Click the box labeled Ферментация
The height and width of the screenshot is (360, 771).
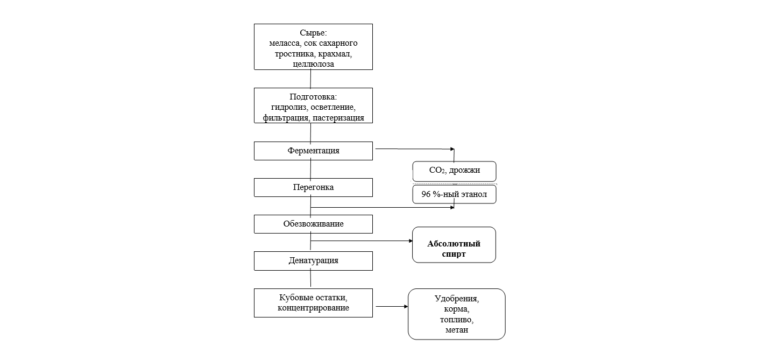point(313,151)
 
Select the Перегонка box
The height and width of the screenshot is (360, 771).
point(313,187)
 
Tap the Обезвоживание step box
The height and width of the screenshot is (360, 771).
point(313,224)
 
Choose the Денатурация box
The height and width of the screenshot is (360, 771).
point(313,260)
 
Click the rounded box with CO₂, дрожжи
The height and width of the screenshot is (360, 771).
point(454,171)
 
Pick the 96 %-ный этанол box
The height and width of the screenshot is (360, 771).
point(454,194)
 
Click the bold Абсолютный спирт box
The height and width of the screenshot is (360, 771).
point(454,244)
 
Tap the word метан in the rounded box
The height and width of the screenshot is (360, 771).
point(457,330)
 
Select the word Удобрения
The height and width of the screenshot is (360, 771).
point(457,299)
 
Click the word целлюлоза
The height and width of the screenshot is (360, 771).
point(313,64)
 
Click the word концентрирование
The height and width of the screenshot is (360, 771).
point(313,308)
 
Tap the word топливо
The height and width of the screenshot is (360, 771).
point(457,320)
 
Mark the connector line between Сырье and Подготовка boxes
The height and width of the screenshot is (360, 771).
point(312,79)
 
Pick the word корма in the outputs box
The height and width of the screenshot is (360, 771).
point(457,309)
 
